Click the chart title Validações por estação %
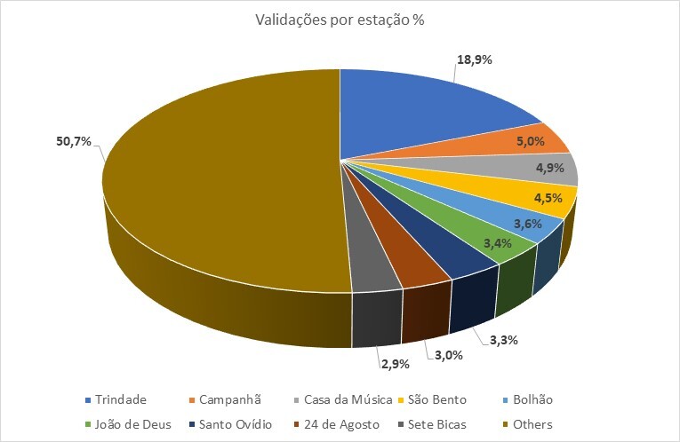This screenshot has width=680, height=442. (339, 20)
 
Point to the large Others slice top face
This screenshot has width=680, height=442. (222, 178)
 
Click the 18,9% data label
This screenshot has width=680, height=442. (475, 60)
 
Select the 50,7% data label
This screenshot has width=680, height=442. (74, 141)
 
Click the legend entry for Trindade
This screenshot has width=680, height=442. (116, 399)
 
